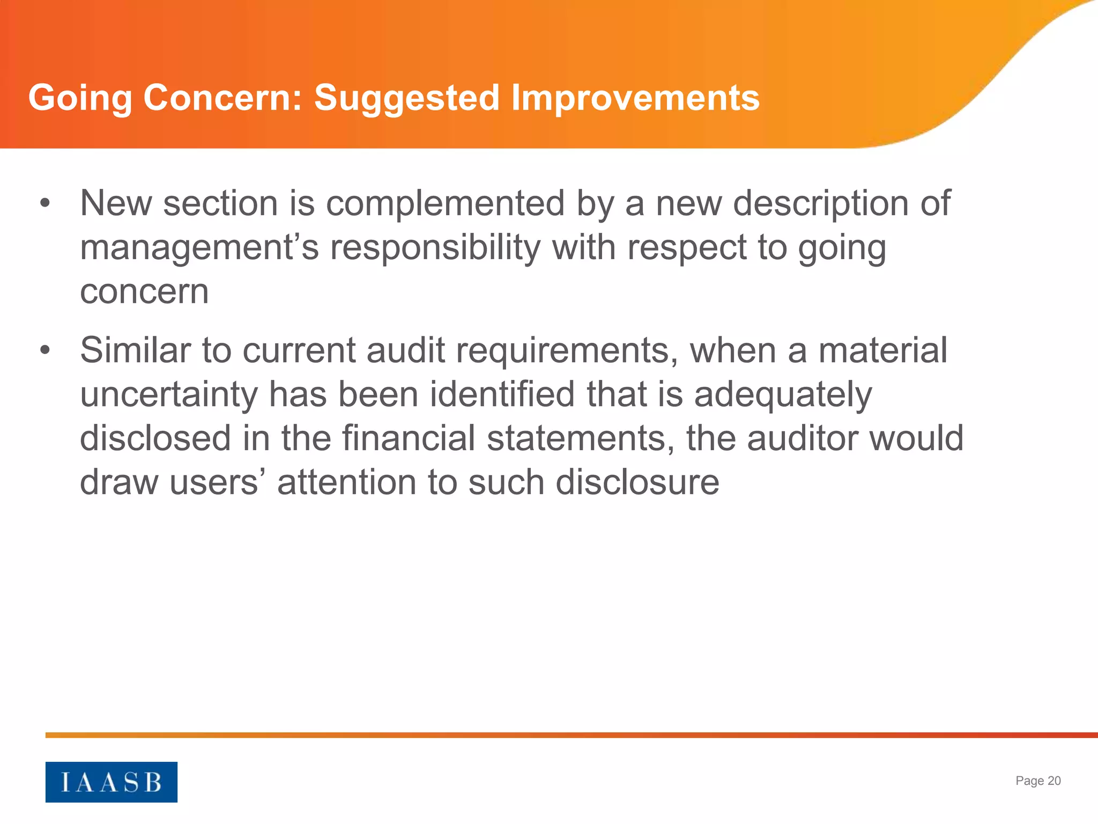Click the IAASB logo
[111, 782]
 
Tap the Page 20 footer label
[1038, 781]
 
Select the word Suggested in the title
[406, 98]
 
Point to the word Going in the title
[80, 98]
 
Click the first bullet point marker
[45, 203]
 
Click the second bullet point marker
[45, 350]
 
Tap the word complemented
[445, 203]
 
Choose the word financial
[409, 438]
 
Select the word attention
[346, 482]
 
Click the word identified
[502, 394]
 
